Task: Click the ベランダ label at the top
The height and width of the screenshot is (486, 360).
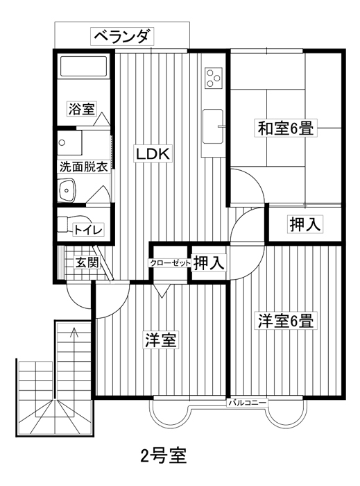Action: (121, 35)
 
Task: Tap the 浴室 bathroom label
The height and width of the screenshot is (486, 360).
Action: (82, 109)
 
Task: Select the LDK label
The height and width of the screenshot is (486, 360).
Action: (153, 154)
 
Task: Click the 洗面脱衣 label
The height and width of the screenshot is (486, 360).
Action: (83, 167)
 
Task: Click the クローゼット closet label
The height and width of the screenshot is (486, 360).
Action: (169, 263)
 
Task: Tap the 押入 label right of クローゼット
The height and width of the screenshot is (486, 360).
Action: (209, 263)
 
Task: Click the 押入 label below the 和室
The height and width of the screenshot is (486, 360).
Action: (305, 224)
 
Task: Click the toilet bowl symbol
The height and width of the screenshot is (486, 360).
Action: (65, 224)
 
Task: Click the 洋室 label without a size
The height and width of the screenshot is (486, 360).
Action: (161, 341)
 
